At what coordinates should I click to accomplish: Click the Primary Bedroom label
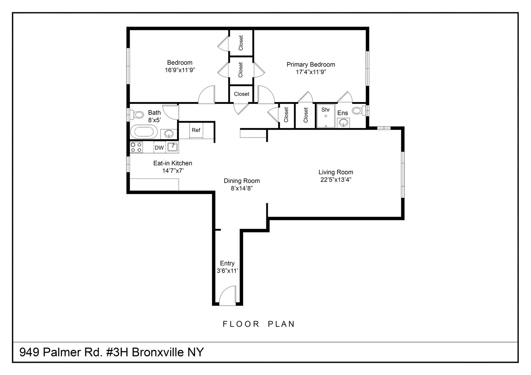[311, 65]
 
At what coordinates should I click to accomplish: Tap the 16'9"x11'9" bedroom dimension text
[179, 70]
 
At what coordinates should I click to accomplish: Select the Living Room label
[336, 172]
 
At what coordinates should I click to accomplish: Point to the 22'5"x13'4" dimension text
[336, 180]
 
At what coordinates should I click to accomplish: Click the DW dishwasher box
[159, 148]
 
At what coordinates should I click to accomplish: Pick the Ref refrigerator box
[196, 130]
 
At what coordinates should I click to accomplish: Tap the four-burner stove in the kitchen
[136, 147]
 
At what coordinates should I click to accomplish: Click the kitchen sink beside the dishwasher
[172, 147]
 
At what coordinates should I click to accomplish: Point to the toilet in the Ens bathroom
[358, 111]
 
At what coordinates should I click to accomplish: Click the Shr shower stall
[325, 116]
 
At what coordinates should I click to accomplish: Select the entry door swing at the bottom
[228, 296]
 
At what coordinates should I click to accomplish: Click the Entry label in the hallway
[227, 264]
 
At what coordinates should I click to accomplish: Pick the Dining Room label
[241, 181]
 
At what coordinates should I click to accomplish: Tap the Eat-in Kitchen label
[172, 163]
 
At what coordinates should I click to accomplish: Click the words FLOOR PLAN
[259, 324]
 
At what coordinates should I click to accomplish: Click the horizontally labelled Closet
[241, 94]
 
